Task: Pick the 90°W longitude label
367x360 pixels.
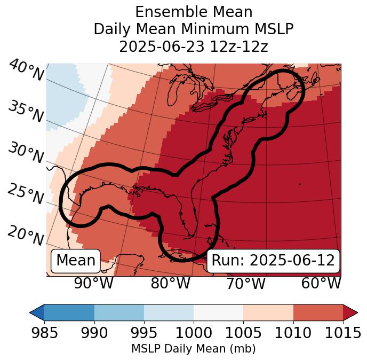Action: (x=94, y=283)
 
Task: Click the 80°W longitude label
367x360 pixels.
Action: (x=170, y=283)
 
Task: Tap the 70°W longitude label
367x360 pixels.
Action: (x=245, y=283)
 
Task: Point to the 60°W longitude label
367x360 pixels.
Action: (x=321, y=283)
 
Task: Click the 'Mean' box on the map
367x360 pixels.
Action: (x=76, y=261)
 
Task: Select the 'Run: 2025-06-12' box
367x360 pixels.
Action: (x=273, y=261)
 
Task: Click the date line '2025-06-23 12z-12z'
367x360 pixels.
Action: (x=194, y=46)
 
